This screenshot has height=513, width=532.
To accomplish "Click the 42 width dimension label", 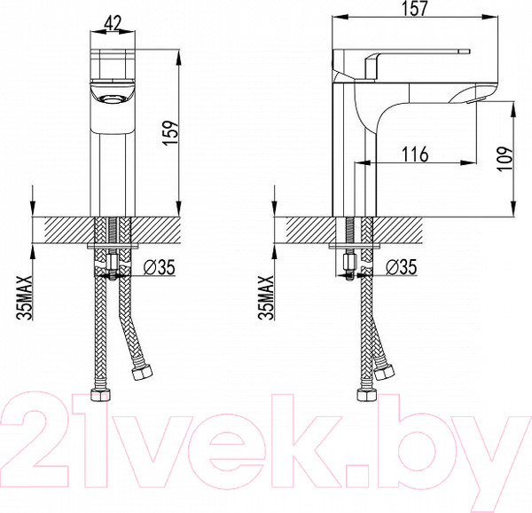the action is [113, 24].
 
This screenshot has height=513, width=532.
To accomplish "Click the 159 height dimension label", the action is [170, 132].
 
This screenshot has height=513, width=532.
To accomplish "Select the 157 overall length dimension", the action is [416, 8].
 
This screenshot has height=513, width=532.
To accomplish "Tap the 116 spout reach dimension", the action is [415, 154].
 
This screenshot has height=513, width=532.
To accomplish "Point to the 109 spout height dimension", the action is [505, 159].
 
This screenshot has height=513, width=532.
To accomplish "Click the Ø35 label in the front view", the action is [159, 267].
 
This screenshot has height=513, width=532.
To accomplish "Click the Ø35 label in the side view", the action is [401, 267].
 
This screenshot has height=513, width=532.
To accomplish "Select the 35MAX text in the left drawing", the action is [26, 297].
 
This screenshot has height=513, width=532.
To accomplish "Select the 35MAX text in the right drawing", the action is [266, 297].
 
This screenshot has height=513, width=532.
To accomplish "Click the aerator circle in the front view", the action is [113, 99].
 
